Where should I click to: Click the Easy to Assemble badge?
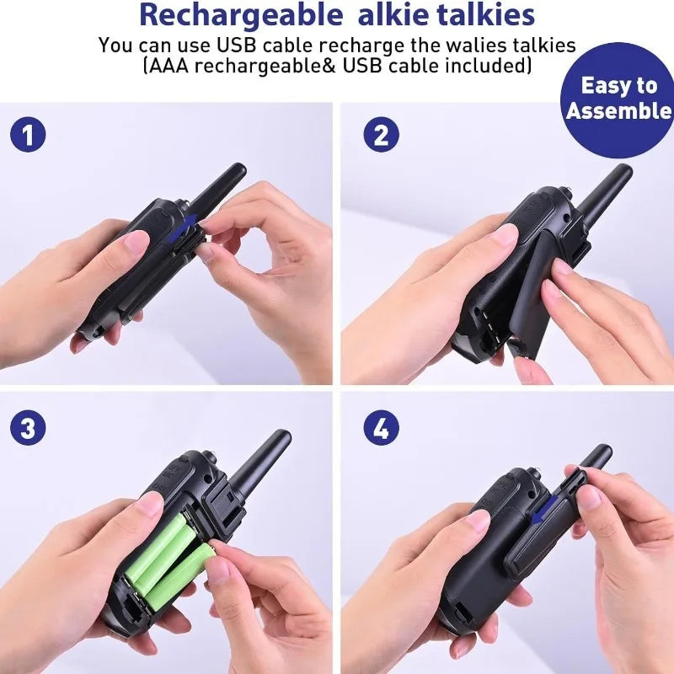[x=619, y=99]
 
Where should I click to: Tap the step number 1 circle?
[x=28, y=135]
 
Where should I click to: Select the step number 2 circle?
[x=381, y=135]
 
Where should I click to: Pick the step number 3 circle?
[x=28, y=429]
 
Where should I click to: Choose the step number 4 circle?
[x=381, y=429]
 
